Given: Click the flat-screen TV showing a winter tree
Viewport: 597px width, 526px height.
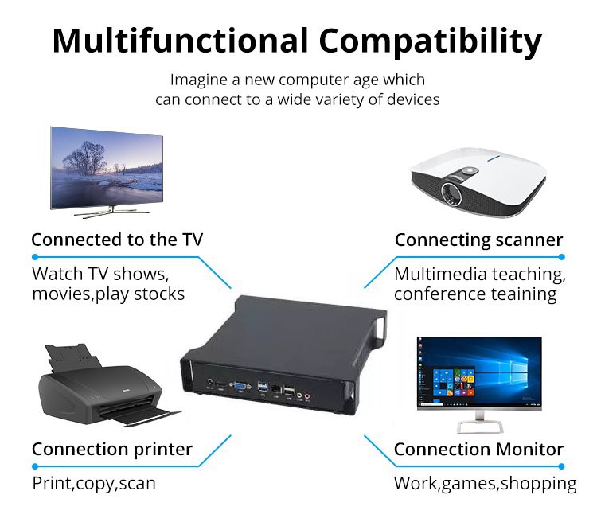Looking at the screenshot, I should click(107, 168).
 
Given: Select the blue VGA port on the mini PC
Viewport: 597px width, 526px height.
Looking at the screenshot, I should click(238, 388).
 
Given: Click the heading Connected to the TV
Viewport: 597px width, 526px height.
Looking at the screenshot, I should click(117, 240).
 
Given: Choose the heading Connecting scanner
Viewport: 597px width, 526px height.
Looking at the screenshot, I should click(478, 240).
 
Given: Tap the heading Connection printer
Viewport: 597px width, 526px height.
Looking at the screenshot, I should click(112, 449).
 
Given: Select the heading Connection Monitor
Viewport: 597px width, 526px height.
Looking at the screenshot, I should click(478, 449).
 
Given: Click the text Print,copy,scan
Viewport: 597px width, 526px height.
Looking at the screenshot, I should click(94, 483).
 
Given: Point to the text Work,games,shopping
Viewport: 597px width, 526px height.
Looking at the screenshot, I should click(485, 483).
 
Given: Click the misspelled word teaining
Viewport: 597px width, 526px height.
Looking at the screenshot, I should click(521, 294).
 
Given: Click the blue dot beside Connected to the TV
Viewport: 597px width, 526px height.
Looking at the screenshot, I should click(35, 257).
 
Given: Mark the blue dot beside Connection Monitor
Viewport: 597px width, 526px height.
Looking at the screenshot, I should click(561, 466).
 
